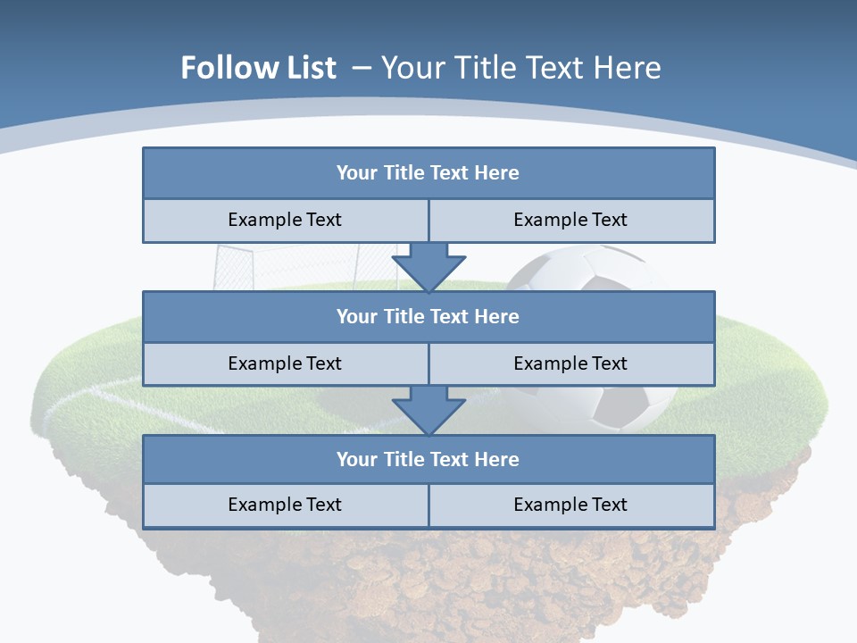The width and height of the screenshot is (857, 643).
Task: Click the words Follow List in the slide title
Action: [259, 68]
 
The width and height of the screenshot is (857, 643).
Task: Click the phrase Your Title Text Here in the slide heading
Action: [521, 68]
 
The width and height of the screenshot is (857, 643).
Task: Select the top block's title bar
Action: [428, 173]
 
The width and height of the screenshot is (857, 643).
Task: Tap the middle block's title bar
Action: [428, 316]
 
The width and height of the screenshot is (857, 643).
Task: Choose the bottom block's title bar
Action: [428, 459]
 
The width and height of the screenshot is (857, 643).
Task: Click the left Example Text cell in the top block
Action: [285, 220]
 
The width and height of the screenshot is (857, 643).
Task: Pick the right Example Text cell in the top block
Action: [571, 220]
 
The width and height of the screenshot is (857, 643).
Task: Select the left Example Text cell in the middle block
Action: [285, 363]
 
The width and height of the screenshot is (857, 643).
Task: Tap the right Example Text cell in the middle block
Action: [571, 363]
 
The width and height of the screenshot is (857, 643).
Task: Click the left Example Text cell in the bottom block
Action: [285, 505]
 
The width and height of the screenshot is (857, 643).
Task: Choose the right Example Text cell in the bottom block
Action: [571, 505]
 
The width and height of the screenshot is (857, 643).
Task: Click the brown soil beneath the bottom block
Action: [428, 580]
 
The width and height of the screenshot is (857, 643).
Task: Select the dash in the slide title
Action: [362, 68]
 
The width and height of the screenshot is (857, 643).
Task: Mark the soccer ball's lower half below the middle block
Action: [616, 407]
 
